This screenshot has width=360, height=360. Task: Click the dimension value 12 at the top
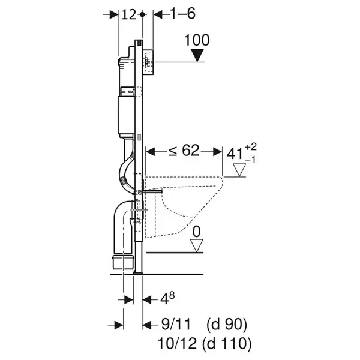129,14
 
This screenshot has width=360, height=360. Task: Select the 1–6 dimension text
183,14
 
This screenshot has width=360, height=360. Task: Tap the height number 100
197,40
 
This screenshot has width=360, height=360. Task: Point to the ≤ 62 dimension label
184,151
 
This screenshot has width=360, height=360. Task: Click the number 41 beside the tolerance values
235,154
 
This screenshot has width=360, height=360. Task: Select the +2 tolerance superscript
251,146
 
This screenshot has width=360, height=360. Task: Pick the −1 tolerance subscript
250,160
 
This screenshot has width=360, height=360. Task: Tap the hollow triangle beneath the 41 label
239,170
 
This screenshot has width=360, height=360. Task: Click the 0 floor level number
197,232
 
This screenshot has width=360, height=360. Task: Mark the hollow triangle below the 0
197,245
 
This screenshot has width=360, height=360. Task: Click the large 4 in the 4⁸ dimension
164,300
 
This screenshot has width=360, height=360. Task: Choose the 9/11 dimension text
176,325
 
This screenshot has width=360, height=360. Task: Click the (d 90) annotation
227,325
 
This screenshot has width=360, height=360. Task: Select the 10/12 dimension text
177,344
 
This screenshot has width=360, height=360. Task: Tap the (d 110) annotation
227,344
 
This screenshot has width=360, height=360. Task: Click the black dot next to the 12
142,14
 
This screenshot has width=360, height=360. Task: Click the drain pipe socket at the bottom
123,262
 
